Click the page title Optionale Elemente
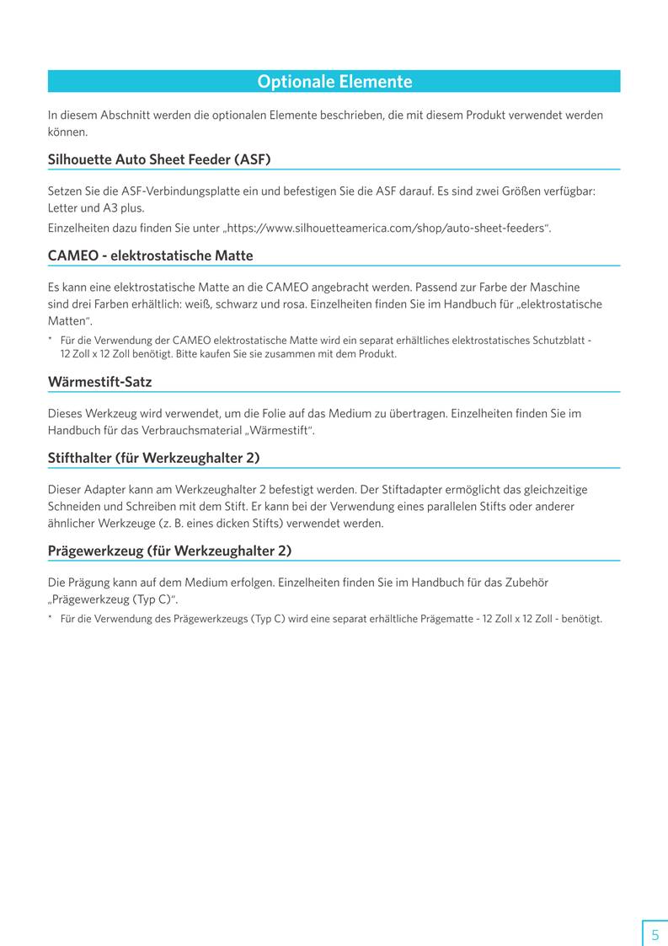334,82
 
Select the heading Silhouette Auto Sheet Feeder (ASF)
159,159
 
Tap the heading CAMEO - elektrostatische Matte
150,255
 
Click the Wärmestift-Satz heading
99,382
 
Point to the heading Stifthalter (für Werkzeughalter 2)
153,458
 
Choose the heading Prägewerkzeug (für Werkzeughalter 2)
169,551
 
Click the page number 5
655,934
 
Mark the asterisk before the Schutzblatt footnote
51,340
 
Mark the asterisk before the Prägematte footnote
51,619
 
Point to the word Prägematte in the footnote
447,619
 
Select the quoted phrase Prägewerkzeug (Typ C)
113,599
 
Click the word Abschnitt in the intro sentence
124,115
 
